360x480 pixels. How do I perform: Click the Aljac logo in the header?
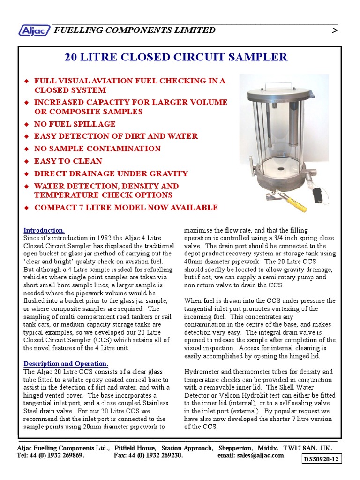35,30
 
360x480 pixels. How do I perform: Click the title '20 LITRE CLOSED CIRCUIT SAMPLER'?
176,58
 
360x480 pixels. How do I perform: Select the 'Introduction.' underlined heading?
44,230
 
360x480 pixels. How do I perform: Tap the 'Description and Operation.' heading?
66,364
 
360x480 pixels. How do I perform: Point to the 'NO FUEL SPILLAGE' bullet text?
75,124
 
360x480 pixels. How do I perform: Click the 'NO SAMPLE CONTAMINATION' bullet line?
97,149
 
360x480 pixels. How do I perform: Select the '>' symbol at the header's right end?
334,31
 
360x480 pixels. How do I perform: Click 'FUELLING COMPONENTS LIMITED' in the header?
135,30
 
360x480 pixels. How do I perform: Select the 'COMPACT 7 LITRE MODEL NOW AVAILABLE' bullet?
126,208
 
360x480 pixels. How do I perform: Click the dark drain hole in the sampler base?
280,167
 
